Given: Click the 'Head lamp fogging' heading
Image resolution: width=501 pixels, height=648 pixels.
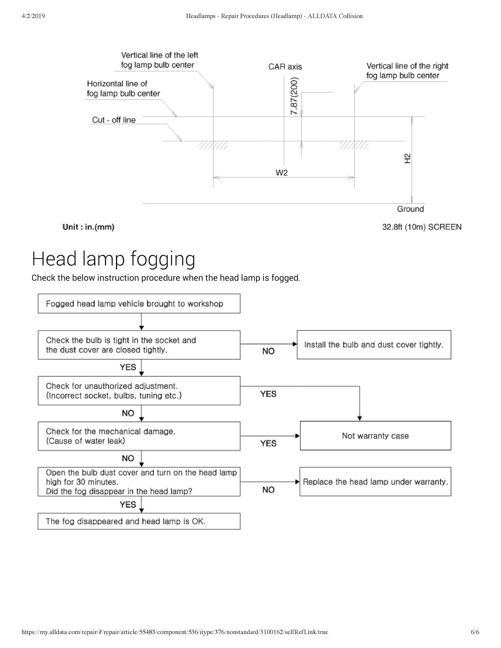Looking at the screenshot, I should pos(113,259).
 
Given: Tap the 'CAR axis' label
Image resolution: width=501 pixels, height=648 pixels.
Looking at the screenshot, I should pos(285,67).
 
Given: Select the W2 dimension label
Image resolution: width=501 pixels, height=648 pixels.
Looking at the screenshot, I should pos(281,173).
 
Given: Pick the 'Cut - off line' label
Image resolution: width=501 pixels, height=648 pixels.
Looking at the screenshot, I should pos(114,120).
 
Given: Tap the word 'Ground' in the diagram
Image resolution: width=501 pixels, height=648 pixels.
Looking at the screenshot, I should pos(410,209).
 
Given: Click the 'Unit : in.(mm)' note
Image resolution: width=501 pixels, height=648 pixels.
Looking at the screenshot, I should pos(88,227).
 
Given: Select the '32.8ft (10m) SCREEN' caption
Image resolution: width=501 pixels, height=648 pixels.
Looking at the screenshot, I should pos(422,227).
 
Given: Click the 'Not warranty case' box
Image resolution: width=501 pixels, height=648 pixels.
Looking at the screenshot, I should pos(375,435).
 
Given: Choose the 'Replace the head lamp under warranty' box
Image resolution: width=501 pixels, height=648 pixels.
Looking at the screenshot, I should pos(375,482).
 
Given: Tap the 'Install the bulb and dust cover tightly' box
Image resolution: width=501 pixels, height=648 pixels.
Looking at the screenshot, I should pos(374,345).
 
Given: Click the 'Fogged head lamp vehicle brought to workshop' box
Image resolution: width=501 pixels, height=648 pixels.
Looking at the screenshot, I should pos(139,304).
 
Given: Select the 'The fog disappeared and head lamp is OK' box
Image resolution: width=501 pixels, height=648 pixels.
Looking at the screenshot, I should pos(139,521).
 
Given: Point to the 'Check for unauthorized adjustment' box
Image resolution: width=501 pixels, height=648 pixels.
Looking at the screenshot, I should pos(139,391).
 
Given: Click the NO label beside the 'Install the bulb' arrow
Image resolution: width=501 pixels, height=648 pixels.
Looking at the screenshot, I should pos(268,351).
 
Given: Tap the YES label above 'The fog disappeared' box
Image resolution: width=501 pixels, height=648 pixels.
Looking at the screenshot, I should pos(128,504).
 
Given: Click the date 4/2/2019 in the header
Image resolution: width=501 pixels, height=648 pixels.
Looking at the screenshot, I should pos(33,16).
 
